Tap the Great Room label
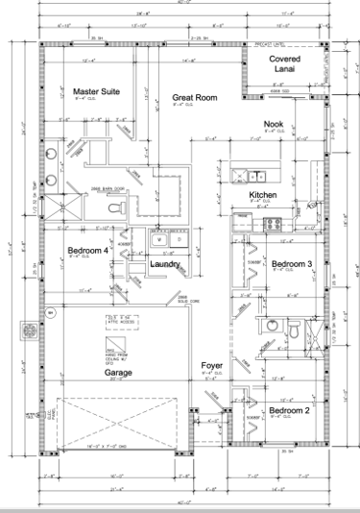pos(193,97)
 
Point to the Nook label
pos(275,124)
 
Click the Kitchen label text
pos(263,194)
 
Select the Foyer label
pos(212,366)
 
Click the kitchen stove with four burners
pos(273,225)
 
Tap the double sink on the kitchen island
pos(248,175)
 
